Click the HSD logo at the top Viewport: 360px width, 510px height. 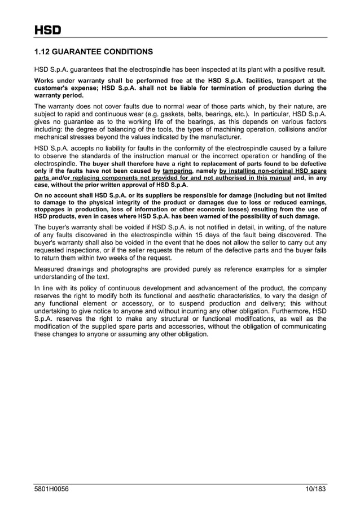[47, 30]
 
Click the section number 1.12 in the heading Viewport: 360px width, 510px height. [43, 52]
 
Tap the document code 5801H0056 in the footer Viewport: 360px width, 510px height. [51, 489]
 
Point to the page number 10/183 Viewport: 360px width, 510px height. [311, 489]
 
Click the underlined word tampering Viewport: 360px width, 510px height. [177, 171]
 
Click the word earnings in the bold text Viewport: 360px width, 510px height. [311, 202]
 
